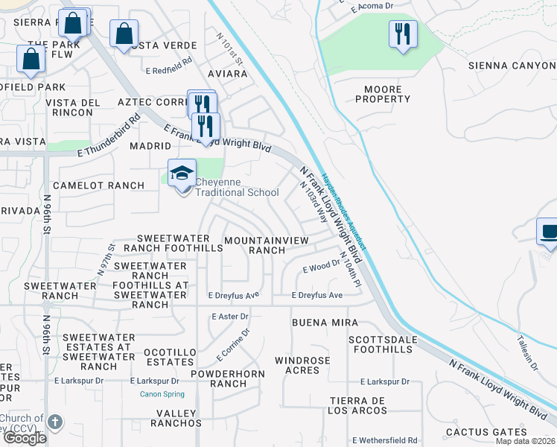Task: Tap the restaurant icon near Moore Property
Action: (x=403, y=35)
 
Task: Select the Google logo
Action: (x=25, y=438)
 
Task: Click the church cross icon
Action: (x=54, y=422)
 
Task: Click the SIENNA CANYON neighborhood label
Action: (x=512, y=66)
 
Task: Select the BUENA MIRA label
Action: (x=325, y=323)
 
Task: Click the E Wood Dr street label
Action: (x=321, y=267)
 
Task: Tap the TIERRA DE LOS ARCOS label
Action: (x=358, y=405)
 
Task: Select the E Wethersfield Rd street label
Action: (x=385, y=440)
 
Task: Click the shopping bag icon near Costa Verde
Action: (x=124, y=35)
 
